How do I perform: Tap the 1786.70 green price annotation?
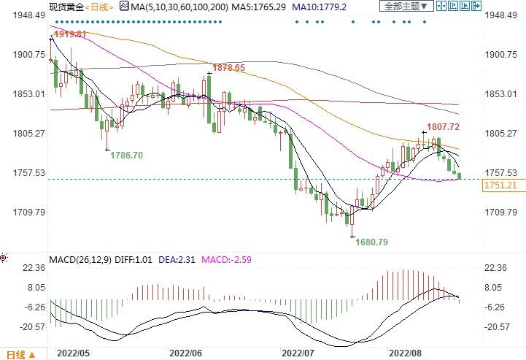tap(126, 156)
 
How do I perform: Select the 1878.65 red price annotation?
tap(228, 67)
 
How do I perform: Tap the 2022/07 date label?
tap(297, 351)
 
